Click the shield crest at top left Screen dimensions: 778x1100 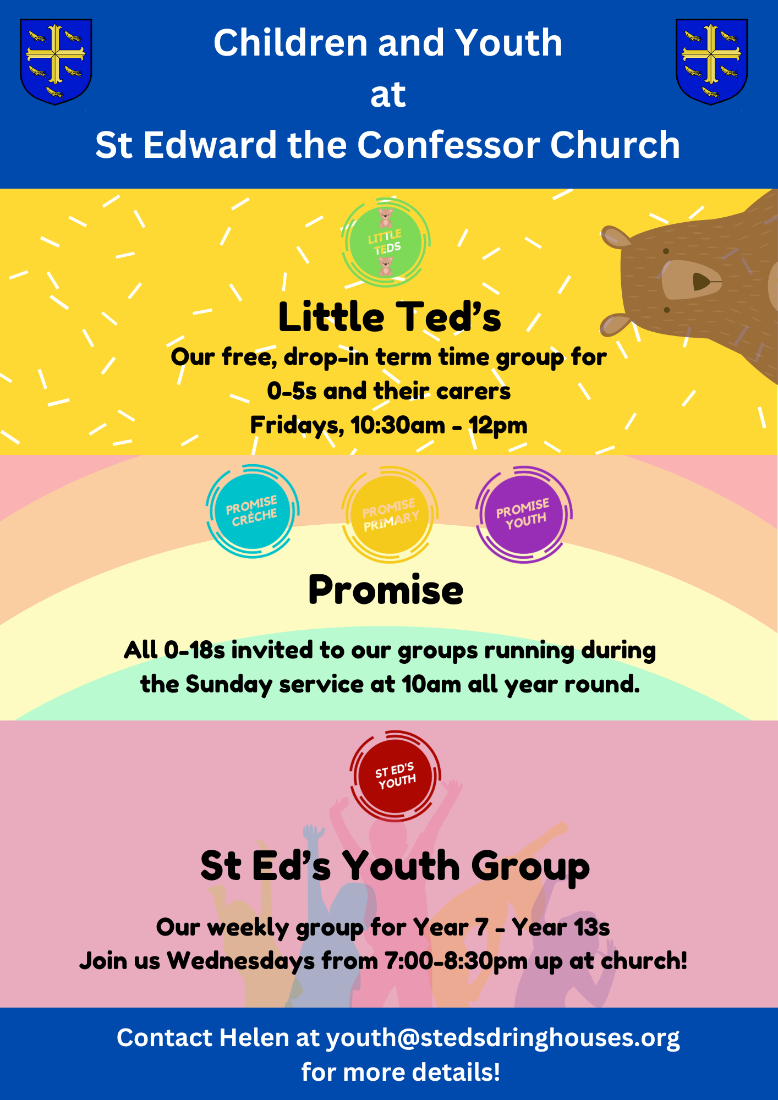(56, 62)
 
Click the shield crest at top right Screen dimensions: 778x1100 (711, 62)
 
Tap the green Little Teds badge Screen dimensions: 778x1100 (385, 243)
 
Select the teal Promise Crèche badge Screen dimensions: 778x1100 (253, 511)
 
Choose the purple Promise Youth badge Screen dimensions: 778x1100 (524, 514)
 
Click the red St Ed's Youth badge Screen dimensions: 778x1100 (395, 776)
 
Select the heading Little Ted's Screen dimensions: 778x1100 (390, 317)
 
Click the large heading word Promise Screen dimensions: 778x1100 (386, 590)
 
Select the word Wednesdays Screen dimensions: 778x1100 (241, 961)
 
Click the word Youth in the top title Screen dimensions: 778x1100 (509, 43)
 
